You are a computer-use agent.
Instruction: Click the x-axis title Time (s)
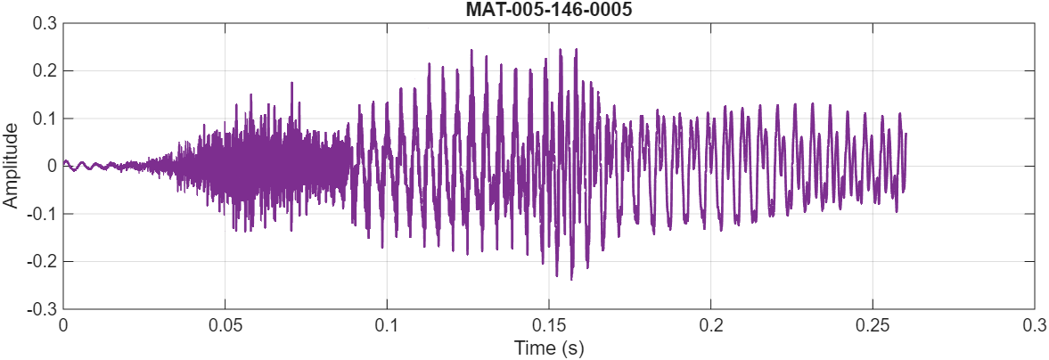[x=548, y=348]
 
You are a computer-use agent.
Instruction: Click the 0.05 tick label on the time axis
[x=225, y=325]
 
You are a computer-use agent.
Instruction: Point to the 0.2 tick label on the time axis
[x=710, y=325]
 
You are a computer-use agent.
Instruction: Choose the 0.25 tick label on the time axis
[x=873, y=325]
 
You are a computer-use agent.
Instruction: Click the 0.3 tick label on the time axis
[x=1034, y=325]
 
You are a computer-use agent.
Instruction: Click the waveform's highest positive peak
[x=561, y=49]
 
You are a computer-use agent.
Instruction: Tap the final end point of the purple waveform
[x=906, y=134]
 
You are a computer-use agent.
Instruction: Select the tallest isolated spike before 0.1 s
[x=291, y=83]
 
